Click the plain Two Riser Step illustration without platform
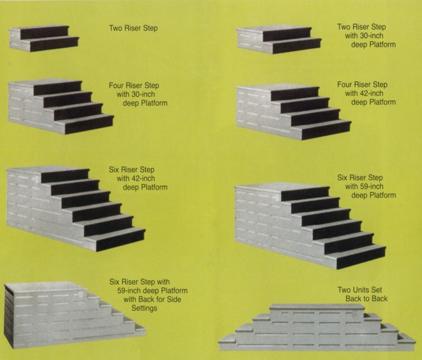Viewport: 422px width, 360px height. click(x=44, y=38)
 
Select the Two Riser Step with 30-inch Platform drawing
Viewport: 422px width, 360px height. click(x=279, y=40)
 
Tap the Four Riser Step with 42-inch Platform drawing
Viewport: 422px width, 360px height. click(x=292, y=112)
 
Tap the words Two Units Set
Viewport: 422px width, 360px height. click(x=359, y=290)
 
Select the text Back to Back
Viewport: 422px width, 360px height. click(x=367, y=298)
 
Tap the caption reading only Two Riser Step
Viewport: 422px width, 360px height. click(x=133, y=28)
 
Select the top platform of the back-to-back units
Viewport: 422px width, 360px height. click(x=317, y=307)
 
